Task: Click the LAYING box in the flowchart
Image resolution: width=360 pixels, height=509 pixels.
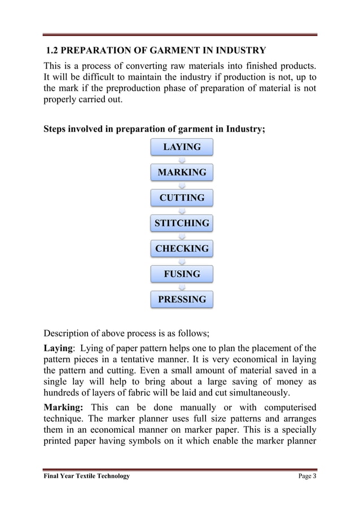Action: pos(182,147)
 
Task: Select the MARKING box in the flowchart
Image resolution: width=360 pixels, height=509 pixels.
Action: pos(182,172)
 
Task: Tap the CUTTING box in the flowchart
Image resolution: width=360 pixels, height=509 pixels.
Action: pos(182,198)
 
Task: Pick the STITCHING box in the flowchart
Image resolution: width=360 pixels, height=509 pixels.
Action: pos(182,223)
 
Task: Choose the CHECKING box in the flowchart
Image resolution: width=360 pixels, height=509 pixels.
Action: pos(182,248)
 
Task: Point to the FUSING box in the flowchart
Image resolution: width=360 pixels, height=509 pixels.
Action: pos(182,274)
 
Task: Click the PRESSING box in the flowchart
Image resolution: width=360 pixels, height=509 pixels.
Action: pos(182,299)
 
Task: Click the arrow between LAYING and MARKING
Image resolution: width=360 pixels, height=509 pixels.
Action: pos(182,160)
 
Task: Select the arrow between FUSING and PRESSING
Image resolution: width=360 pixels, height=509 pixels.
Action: pos(182,287)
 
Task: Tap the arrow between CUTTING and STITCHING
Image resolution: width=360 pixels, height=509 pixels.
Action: pos(182,210)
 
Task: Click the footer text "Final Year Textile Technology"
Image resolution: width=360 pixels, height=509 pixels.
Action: pos(87,476)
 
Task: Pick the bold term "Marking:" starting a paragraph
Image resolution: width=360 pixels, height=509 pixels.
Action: pos(64,407)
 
